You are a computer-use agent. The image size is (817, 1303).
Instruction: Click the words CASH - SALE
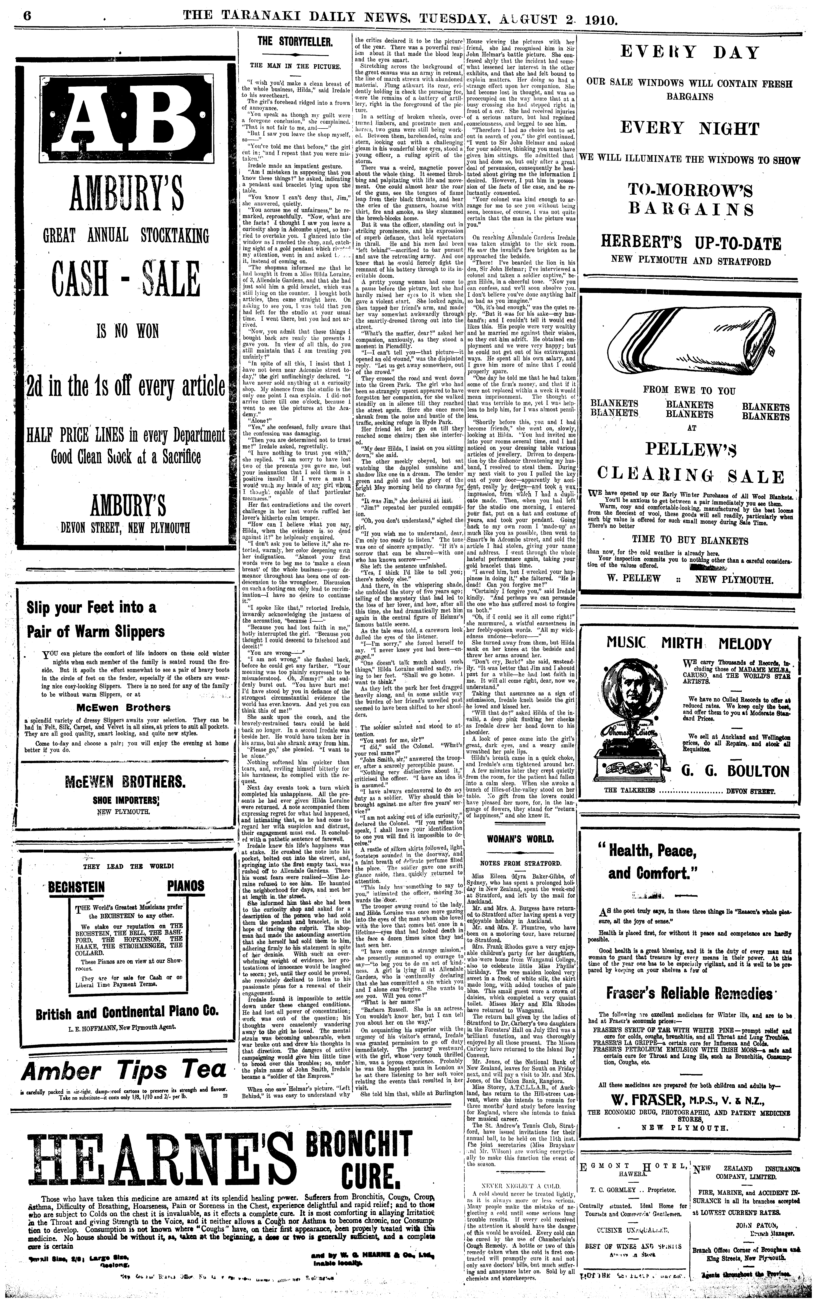coord(125,279)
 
